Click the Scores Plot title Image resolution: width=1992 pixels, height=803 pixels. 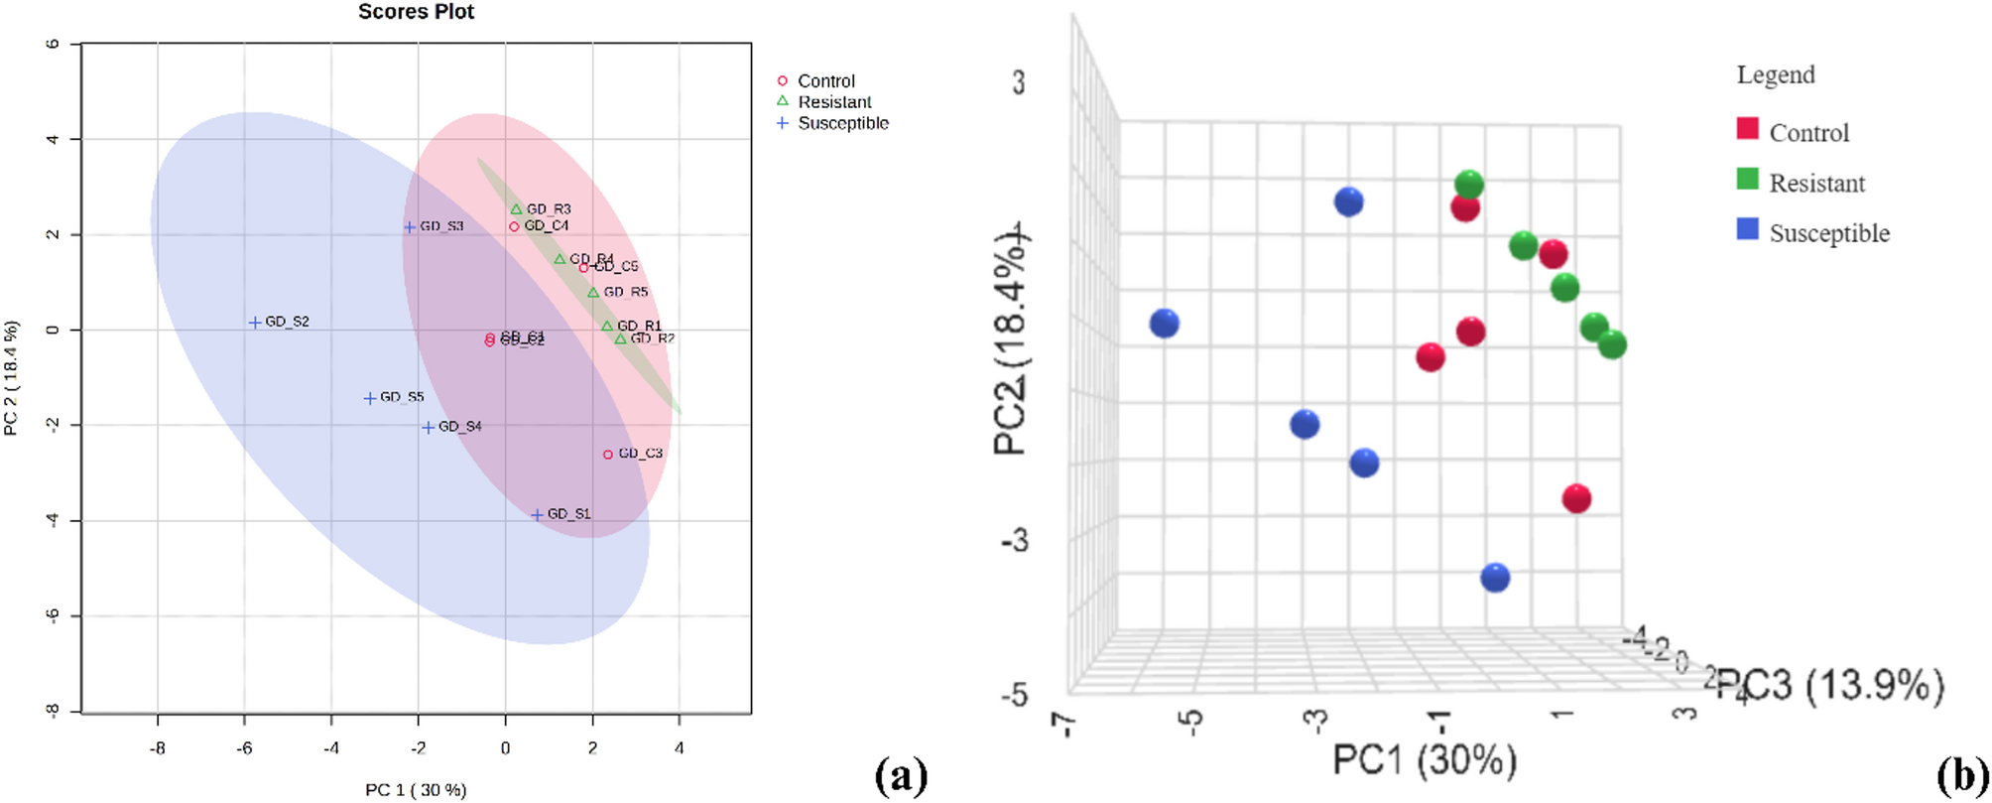pos(416,12)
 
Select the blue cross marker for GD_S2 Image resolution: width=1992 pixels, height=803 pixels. pos(255,323)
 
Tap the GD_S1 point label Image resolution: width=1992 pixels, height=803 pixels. pos(568,514)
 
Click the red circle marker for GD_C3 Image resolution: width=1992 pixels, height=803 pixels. pos(608,455)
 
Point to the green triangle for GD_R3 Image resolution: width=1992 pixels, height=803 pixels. pos(516,209)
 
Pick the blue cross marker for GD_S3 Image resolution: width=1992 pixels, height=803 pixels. pos(410,227)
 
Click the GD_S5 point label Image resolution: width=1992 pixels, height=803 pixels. pos(402,397)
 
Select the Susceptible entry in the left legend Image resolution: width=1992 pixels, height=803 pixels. pos(842,123)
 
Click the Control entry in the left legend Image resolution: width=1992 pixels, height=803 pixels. pos(825,81)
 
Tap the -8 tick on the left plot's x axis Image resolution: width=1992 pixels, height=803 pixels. pos(157,748)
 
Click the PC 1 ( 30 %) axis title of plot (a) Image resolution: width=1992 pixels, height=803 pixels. pos(416,790)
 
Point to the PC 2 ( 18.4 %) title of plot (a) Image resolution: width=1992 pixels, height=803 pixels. pos(12,378)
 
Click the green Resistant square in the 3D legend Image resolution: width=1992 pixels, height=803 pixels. pos(1748,180)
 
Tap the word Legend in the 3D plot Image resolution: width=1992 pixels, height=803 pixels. pos(1776,75)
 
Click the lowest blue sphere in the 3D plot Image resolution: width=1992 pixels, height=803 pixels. pos(1495,578)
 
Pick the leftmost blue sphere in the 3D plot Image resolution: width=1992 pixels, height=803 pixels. pos(1165,324)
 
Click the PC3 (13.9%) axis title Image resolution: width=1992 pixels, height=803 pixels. pos(1830,686)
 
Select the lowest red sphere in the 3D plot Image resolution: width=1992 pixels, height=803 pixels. pos(1576,498)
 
